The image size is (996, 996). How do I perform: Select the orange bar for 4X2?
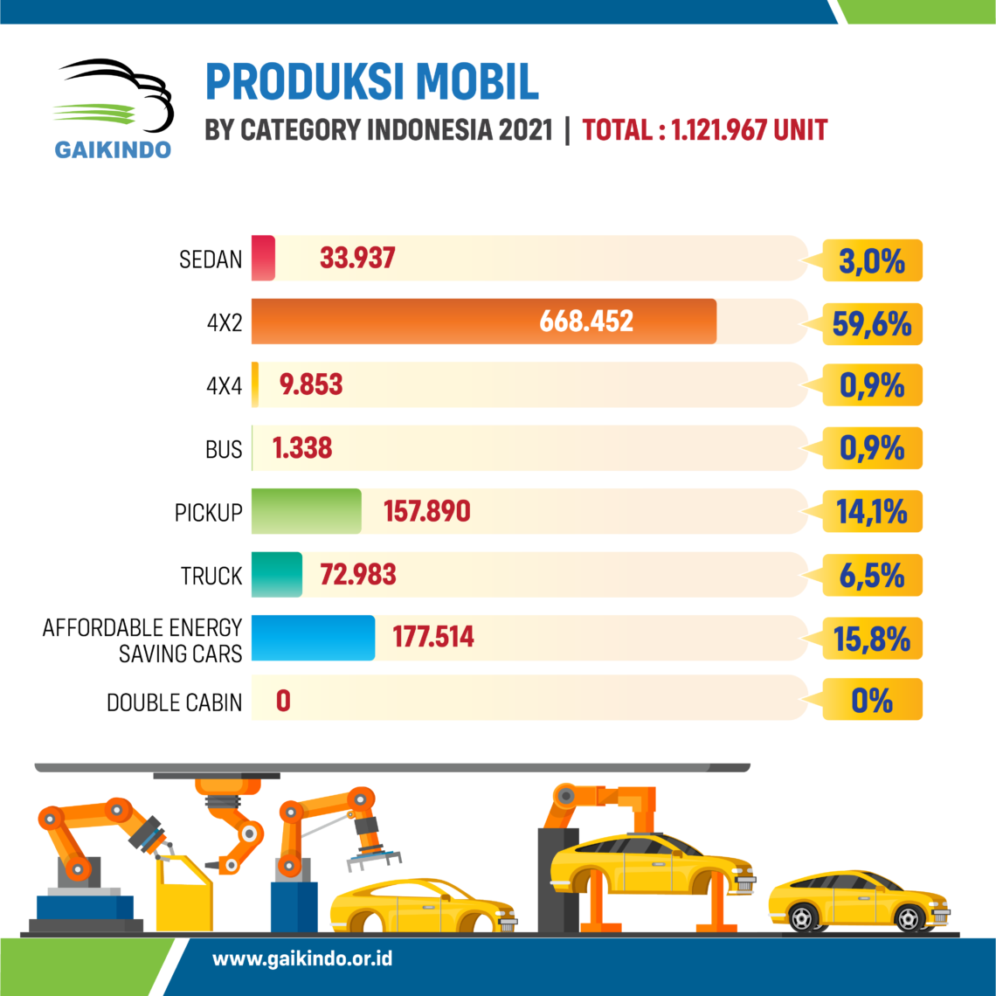coord(484,322)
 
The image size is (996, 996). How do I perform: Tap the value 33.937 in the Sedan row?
coord(357,259)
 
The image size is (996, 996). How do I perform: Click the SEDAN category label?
coord(211,259)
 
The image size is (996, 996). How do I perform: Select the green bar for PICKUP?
coord(307,511)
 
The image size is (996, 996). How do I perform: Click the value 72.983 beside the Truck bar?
coord(358,575)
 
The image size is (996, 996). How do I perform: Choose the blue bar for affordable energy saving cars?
coord(313,638)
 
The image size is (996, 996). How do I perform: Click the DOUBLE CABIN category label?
coord(174,702)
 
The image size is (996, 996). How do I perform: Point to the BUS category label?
coord(224,449)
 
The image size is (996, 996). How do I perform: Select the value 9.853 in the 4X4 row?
coord(311,385)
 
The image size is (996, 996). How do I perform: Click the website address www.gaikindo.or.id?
coord(302,958)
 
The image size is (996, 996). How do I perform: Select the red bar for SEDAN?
coord(263,259)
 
